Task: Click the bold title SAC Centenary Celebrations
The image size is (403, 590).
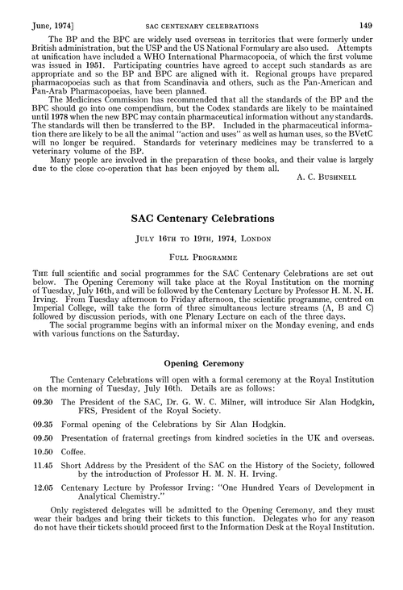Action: click(x=201, y=241)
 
